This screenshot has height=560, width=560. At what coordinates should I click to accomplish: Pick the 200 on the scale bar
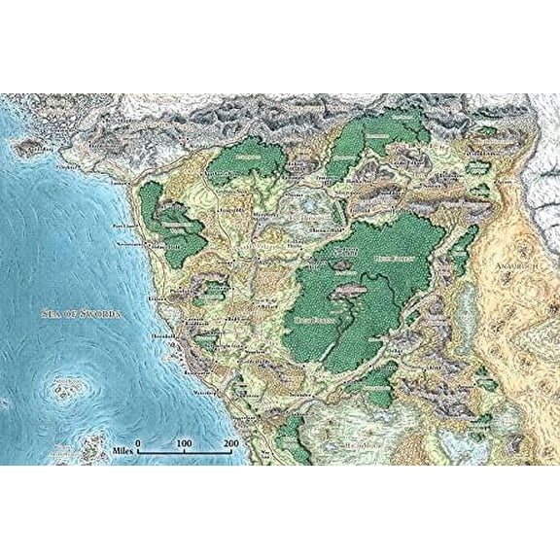coord(230,443)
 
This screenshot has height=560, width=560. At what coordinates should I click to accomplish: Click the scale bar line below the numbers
coord(185,453)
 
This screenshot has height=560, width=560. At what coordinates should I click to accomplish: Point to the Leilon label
coord(146,291)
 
